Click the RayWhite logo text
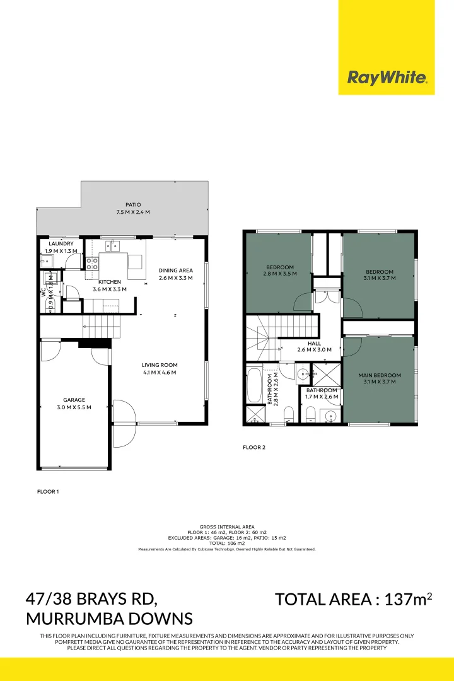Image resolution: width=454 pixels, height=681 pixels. pyautogui.click(x=387, y=78)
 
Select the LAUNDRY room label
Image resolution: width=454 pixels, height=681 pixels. pyautogui.click(x=61, y=243)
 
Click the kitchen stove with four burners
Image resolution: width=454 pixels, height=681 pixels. pyautogui.click(x=91, y=263)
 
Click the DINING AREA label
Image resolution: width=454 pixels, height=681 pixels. pyautogui.click(x=175, y=271)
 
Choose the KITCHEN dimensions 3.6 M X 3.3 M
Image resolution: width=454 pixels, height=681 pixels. pyautogui.click(x=110, y=289)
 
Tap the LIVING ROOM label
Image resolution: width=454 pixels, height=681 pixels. pyautogui.click(x=160, y=365)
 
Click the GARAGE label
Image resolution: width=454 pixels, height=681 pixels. pyautogui.click(x=74, y=400)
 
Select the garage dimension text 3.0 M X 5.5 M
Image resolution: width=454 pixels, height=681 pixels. pyautogui.click(x=74, y=407)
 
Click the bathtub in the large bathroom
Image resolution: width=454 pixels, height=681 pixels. pyautogui.click(x=255, y=385)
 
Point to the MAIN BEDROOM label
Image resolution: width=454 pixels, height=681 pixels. pyautogui.click(x=380, y=375)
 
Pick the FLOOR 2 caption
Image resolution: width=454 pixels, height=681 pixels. pyautogui.click(x=254, y=448)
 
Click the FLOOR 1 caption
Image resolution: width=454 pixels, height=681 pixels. pyautogui.click(x=48, y=491)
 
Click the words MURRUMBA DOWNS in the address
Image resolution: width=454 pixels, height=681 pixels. pyautogui.click(x=109, y=618)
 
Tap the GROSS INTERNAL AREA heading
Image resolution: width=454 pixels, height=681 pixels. pyautogui.click(x=226, y=526)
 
